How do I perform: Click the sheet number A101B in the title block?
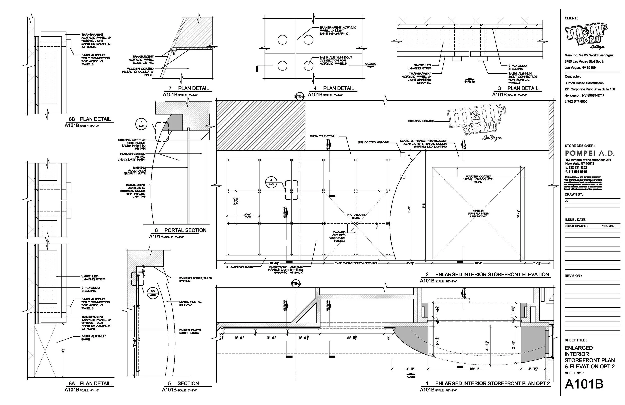(584, 384)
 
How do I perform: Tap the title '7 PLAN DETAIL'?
(189, 88)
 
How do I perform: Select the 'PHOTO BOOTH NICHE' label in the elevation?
(356, 216)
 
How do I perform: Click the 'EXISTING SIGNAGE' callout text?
(421, 121)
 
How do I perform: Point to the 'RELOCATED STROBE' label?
(373, 142)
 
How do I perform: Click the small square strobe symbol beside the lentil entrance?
(402, 155)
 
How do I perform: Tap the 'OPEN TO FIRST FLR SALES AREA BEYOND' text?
(478, 213)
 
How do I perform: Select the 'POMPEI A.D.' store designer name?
(589, 153)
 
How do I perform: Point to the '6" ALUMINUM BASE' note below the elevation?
(239, 267)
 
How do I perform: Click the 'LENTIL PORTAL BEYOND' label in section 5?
(190, 303)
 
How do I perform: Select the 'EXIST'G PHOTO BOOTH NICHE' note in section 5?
(190, 331)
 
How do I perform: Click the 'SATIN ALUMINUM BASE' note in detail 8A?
(93, 338)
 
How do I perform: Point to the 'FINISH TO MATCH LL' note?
(324, 136)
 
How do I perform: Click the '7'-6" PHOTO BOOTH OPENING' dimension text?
(356, 263)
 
